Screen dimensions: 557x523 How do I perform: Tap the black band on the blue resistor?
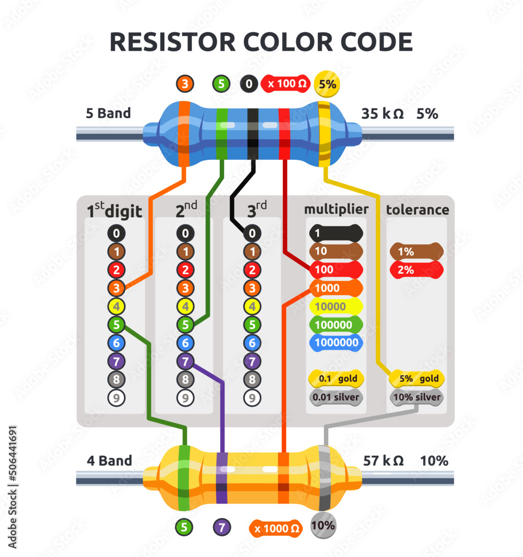(253, 134)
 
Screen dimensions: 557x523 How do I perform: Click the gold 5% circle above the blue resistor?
(327, 85)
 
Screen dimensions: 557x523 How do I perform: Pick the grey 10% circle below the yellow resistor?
(323, 525)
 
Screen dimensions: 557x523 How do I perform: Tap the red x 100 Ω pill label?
(285, 85)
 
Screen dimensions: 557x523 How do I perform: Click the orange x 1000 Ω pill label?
(276, 528)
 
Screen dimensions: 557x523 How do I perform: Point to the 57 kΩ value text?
(383, 461)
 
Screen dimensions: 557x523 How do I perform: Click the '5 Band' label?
(108, 114)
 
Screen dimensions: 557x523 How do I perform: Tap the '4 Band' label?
(109, 461)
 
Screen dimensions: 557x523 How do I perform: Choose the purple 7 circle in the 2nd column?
(185, 361)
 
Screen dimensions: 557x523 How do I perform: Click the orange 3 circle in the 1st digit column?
(117, 288)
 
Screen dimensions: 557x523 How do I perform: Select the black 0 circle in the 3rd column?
(253, 233)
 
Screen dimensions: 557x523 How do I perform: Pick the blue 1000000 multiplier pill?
(336, 343)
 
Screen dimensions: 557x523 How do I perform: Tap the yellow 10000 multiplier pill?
(335, 306)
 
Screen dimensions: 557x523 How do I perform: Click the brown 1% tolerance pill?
(417, 252)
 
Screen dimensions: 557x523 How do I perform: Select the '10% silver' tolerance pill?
(417, 398)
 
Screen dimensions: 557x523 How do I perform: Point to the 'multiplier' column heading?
(336, 209)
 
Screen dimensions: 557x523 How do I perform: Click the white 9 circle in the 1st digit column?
(117, 398)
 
